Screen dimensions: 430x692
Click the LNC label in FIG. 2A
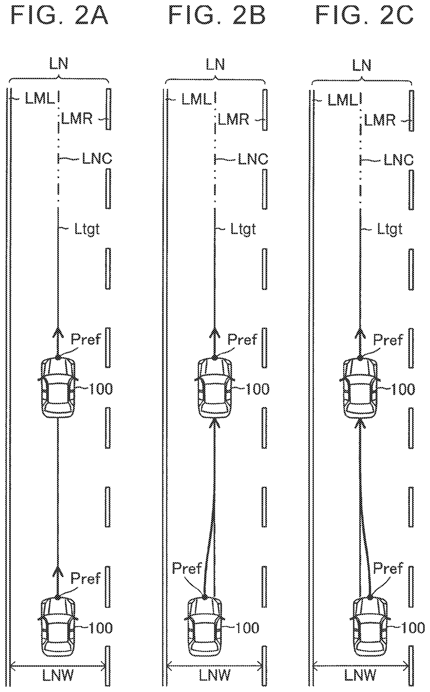coord(97,158)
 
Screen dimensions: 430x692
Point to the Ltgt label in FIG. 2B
coord(243,229)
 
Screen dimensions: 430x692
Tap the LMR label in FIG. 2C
coord(380,120)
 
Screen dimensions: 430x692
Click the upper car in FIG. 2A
coord(58,387)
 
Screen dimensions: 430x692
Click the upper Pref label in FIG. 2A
coord(86,339)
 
